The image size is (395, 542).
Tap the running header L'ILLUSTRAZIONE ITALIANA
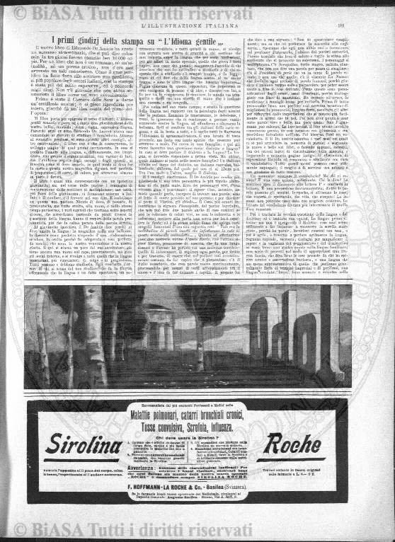point(197,25)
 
